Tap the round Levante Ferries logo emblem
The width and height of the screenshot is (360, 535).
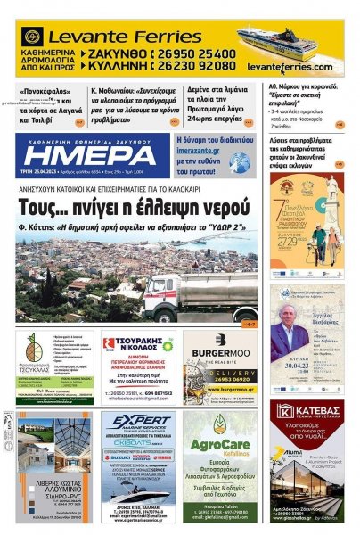(33, 37)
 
